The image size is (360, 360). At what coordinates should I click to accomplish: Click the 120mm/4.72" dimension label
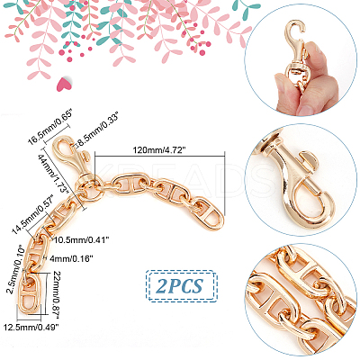coord(159,150)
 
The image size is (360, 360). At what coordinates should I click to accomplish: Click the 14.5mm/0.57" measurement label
coord(32,214)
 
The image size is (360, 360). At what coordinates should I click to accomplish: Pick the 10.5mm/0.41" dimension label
coord(82,239)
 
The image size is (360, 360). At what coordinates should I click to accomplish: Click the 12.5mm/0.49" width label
coord(31,327)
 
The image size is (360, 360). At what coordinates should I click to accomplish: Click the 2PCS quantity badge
coord(180,286)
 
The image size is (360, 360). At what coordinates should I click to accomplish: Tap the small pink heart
coord(64,84)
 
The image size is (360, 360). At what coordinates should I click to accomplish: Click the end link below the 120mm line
coord(211,218)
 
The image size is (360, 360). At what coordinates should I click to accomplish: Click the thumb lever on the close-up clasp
coord(310,159)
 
